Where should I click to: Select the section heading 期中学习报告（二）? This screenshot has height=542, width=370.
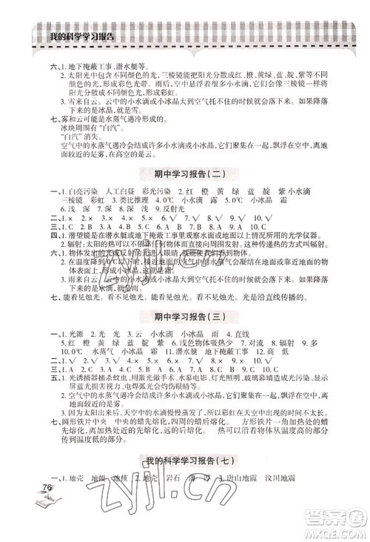pyautogui.click(x=185, y=175)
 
